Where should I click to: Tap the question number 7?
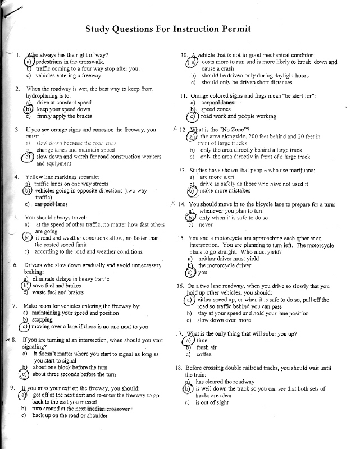tap(14, 306)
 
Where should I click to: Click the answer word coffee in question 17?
tap(204, 354)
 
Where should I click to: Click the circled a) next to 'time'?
tap(188, 340)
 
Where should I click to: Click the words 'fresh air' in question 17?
tap(207, 347)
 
